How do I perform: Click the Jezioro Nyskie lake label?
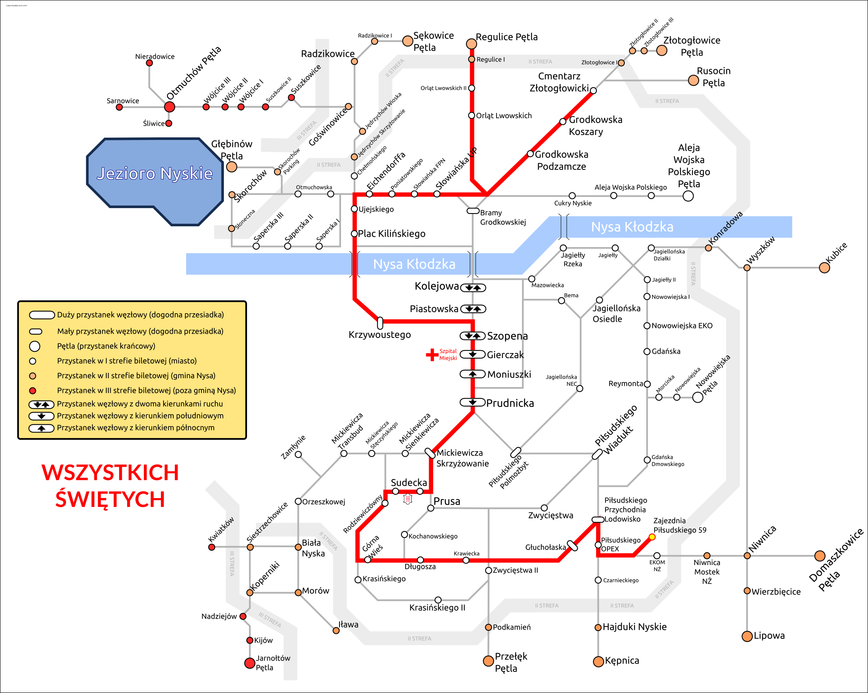(155, 174)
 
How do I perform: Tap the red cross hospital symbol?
(432, 355)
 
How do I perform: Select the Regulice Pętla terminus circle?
(471, 43)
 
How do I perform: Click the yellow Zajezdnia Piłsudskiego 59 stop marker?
(652, 537)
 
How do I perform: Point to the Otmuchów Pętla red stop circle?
(169, 107)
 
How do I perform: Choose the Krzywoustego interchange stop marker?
(380, 323)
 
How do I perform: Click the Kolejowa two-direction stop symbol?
(473, 288)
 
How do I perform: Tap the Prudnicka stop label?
(510, 403)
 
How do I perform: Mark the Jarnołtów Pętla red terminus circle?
(250, 663)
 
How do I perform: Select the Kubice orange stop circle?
(825, 268)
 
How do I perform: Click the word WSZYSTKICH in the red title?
(110, 472)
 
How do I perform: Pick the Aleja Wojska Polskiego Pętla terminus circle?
(689, 196)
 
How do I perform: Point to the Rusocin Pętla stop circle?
(693, 80)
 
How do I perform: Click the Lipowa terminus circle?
(747, 636)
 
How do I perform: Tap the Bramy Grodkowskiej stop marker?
(472, 211)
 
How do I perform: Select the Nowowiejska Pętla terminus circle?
(698, 398)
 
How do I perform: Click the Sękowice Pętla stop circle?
(408, 41)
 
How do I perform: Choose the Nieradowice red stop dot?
(149, 63)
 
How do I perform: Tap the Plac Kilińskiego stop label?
(391, 234)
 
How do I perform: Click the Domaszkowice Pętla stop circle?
(820, 556)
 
